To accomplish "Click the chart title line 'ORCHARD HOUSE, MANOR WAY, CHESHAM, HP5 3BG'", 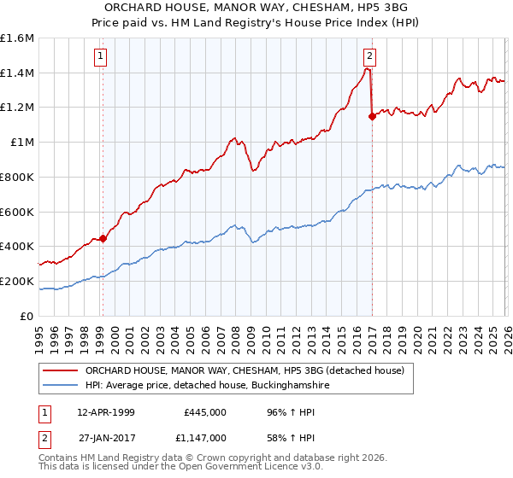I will (x=256, y=8).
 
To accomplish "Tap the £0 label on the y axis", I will (x=27, y=316).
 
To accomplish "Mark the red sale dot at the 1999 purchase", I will (x=103, y=239).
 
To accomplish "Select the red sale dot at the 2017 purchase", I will (x=372, y=117).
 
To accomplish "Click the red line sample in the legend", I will (x=60, y=370).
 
